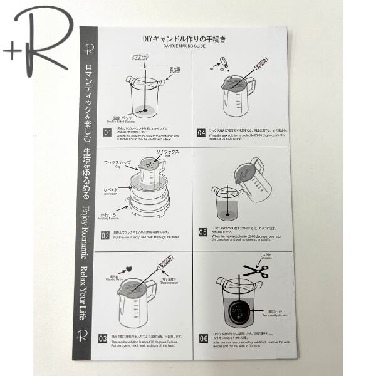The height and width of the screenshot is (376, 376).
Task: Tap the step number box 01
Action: coord(107,133)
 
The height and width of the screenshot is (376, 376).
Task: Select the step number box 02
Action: coord(106,236)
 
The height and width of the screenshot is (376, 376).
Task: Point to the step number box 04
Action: coord(201,133)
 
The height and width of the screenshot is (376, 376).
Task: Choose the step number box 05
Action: coord(202,231)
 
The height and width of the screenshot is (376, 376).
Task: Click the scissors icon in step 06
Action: coord(255,271)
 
